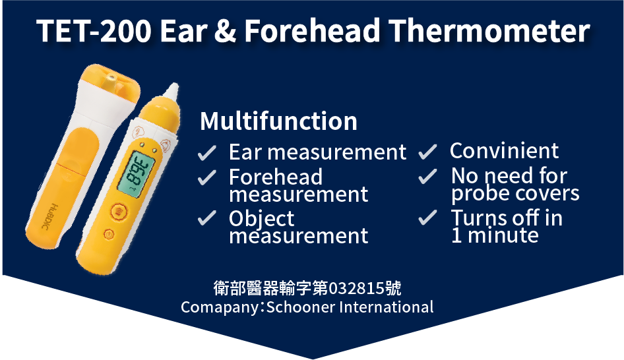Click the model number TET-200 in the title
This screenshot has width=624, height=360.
(94, 30)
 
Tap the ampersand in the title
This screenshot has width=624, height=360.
(225, 30)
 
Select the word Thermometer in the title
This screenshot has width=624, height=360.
(489, 30)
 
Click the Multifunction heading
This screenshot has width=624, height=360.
(278, 121)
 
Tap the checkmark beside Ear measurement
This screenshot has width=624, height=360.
(207, 153)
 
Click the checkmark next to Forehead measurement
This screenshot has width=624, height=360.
(207, 177)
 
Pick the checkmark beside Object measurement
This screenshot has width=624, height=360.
(207, 218)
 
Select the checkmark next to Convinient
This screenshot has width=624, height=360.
(428, 152)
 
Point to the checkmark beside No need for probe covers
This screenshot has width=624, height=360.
(428, 176)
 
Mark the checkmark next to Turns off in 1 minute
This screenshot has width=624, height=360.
(428, 218)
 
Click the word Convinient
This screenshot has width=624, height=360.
(504, 151)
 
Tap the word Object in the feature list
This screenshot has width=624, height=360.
(261, 219)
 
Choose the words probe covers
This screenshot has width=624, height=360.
(515, 194)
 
